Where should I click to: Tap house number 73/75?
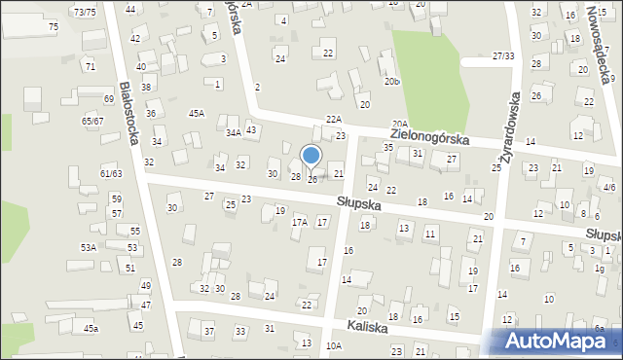pyautogui.click(x=85, y=12)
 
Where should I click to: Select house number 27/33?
pyautogui.click(x=502, y=56)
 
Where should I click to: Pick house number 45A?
pyautogui.click(x=197, y=114)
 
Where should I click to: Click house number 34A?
pyautogui.click(x=233, y=132)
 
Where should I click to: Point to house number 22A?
pyautogui.click(x=334, y=119)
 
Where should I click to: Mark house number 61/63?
pyautogui.click(x=111, y=173)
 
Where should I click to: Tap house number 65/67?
pyautogui.click(x=92, y=120)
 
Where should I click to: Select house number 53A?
pyautogui.click(x=89, y=248)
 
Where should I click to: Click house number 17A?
pyautogui.click(x=299, y=223)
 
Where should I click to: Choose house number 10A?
pyautogui.click(x=334, y=345)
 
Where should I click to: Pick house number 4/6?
pyautogui.click(x=609, y=186)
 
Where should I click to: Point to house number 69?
pyautogui.click(x=109, y=99)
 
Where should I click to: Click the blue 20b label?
pyautogui.click(x=391, y=82)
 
